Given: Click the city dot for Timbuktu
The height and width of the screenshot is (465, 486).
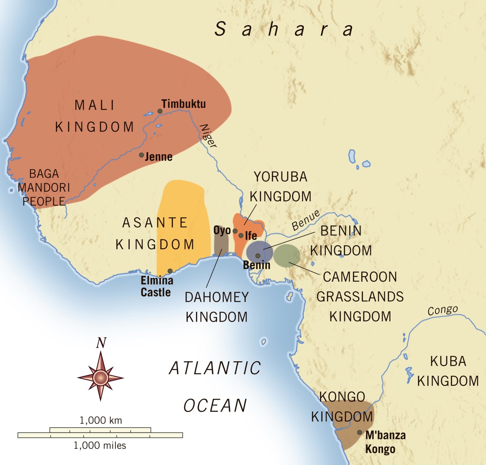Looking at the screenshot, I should (x=160, y=111).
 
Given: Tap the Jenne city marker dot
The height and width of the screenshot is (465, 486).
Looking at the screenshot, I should (x=141, y=155).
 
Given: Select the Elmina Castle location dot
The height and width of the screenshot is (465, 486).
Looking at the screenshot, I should (x=170, y=271).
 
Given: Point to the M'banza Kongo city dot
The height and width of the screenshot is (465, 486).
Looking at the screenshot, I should (x=360, y=433).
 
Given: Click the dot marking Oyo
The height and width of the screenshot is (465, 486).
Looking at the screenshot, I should (x=235, y=231).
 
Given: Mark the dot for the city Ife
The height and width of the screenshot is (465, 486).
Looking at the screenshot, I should (x=241, y=236).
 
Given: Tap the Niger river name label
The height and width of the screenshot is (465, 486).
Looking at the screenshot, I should (x=209, y=136).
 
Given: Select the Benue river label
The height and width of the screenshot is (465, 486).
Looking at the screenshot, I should (x=306, y=221).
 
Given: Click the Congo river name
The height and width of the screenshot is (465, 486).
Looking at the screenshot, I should (x=443, y=311).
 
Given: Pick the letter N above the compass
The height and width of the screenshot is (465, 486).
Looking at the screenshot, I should (x=101, y=343).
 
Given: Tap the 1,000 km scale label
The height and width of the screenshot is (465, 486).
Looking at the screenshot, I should (x=100, y=420).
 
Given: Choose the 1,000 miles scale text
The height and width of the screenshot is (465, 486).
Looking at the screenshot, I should (x=100, y=446).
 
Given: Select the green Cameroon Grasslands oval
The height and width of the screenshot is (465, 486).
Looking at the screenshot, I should (x=287, y=255).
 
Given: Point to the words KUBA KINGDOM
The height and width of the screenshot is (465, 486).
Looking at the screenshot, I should (x=448, y=371).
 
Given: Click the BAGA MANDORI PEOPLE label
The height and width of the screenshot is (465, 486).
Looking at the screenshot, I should (x=44, y=187).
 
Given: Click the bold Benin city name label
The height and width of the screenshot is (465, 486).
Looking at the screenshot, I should (x=257, y=265).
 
